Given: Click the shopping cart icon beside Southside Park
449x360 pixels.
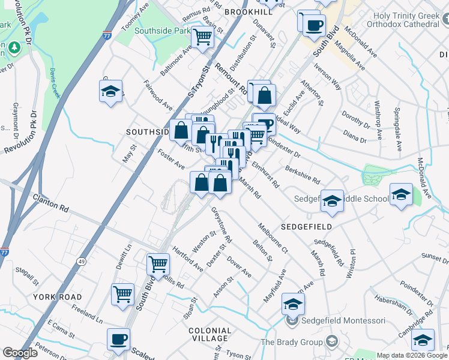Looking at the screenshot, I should point(202,37).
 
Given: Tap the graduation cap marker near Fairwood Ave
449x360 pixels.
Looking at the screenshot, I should point(111,92).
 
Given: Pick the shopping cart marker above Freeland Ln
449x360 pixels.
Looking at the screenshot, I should point(122,294).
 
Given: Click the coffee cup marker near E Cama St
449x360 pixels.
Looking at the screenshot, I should point(118,339).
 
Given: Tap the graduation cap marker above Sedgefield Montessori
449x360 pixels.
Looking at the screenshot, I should point(293,305).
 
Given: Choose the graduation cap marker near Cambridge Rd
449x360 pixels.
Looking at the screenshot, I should point(423,340).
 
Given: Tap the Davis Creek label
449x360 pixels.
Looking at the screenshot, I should point(55,83).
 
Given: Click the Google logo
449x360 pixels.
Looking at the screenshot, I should point(20,353).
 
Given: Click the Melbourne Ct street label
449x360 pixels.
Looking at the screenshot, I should point(273,238).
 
